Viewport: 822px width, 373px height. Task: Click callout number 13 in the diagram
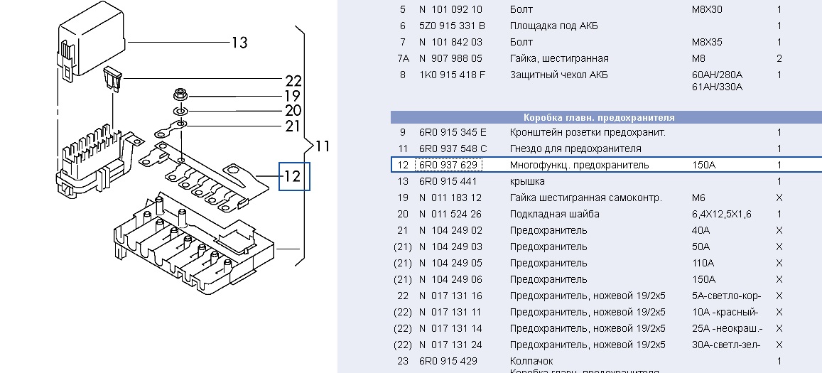[239, 43]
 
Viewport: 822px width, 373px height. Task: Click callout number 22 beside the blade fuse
[293, 80]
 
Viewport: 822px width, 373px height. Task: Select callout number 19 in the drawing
[293, 96]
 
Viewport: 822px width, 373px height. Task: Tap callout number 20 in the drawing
[293, 111]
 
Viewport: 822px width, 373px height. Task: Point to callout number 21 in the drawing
[293, 126]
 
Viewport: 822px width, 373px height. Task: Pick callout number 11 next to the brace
[323, 147]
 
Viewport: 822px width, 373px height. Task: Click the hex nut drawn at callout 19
[179, 95]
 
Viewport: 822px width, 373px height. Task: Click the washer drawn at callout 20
[180, 111]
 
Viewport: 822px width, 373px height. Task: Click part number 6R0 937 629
[448, 166]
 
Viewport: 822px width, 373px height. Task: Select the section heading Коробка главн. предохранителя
[599, 117]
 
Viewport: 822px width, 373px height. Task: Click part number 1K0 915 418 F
[453, 75]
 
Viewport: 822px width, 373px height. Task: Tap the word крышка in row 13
[527, 182]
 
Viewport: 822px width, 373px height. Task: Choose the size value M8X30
[707, 10]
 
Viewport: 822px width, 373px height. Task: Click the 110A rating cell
[703, 264]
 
